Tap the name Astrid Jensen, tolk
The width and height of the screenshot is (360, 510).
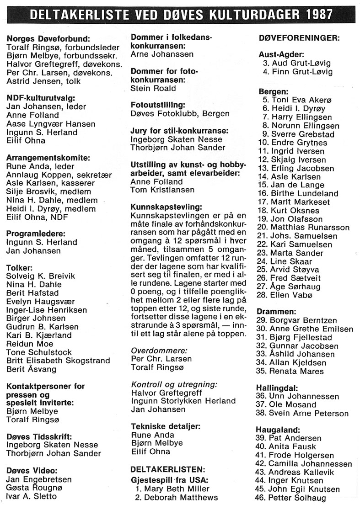tap(43, 81)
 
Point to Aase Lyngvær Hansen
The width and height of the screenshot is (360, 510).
tap(51, 124)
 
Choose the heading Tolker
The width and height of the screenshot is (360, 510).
tap(19, 267)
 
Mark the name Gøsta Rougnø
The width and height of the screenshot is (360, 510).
tap(35, 488)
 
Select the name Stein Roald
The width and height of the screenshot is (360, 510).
tap(153, 88)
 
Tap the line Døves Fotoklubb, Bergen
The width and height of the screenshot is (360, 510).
tap(180, 113)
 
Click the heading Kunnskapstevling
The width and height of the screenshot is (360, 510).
tap(166, 207)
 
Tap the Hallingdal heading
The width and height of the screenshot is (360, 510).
tap(275, 388)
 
